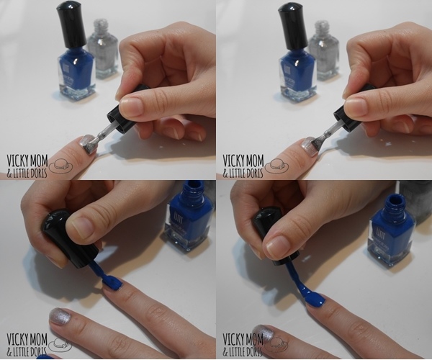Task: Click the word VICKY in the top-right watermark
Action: (233, 161)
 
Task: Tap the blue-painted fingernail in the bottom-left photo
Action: (112, 283)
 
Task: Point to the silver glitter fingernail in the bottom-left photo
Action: (62, 318)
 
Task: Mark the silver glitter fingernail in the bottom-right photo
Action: (264, 334)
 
